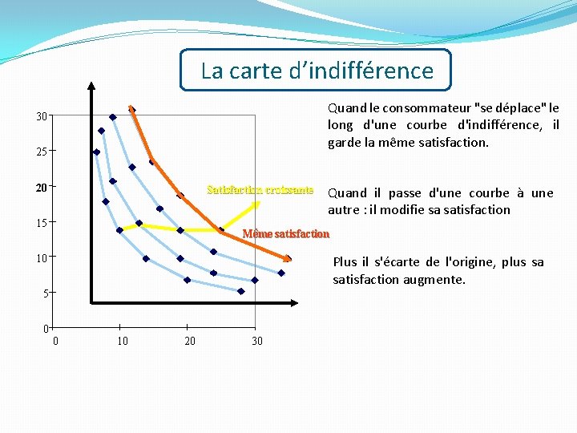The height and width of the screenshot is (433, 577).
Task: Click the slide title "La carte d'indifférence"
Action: pos(317,71)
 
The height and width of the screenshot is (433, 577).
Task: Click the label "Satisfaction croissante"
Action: pos(260,190)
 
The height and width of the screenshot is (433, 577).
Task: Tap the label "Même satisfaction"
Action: pos(285,234)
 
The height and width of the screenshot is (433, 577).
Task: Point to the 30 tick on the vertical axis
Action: pos(41,116)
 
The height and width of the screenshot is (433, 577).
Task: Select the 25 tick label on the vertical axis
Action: pos(41,151)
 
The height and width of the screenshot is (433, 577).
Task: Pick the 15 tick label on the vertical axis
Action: pos(41,222)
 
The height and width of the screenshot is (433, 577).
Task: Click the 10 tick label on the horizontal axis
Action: pos(122,342)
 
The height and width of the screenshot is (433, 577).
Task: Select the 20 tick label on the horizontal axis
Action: pos(189,342)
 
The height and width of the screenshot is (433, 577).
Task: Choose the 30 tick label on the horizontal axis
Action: pos(256,342)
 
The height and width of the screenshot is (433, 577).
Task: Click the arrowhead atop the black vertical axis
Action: pos(91,87)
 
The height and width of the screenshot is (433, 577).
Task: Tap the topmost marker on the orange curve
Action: pos(131,110)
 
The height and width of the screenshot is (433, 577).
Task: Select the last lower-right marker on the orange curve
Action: pos(287,258)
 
